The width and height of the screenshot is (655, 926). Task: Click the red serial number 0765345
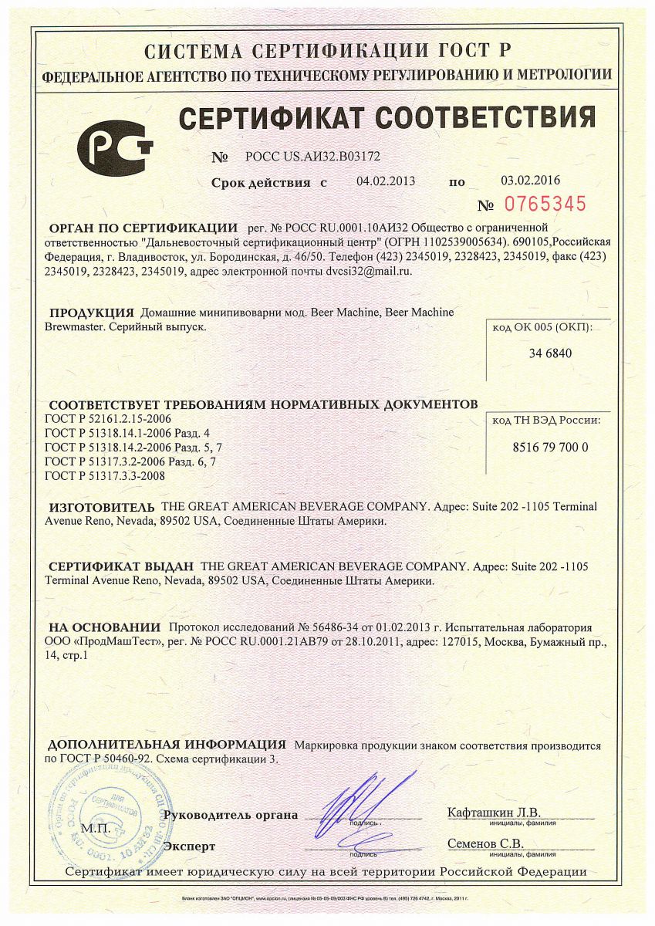click(545, 204)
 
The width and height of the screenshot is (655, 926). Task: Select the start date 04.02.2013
click(386, 182)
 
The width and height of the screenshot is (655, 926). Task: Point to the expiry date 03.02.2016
click(530, 181)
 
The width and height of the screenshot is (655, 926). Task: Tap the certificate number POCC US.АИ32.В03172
click(312, 156)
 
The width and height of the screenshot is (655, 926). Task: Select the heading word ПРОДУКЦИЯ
click(92, 313)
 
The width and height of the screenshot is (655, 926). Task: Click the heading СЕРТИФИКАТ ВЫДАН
click(120, 566)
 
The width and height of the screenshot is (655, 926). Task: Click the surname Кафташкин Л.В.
click(494, 813)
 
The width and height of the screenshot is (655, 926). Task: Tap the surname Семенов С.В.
click(485, 843)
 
